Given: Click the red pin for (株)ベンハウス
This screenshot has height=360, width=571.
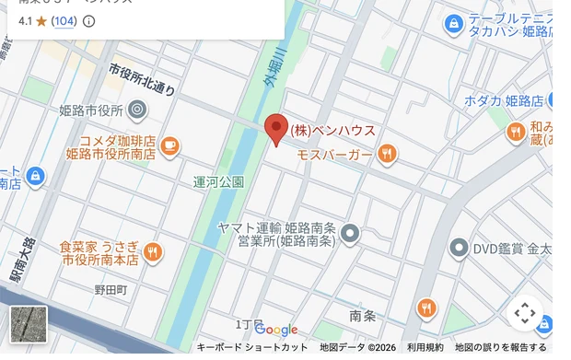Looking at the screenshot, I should (x=276, y=129).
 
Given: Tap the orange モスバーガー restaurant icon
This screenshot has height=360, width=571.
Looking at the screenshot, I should (x=388, y=154).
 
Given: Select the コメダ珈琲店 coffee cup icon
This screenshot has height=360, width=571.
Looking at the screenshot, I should (x=169, y=145).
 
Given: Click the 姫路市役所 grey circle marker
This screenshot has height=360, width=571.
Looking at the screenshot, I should (x=137, y=110).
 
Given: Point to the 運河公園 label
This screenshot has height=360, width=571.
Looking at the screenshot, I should (x=219, y=182).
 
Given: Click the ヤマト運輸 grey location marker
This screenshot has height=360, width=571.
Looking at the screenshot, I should (x=349, y=235).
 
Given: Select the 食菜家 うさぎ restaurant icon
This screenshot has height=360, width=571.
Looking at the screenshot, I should (x=153, y=251).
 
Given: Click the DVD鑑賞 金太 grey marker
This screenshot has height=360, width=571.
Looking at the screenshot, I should (x=459, y=248).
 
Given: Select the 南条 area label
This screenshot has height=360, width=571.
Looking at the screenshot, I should (x=363, y=316).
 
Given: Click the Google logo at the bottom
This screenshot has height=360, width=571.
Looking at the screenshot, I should (x=276, y=330).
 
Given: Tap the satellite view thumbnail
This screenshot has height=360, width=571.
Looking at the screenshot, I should (x=28, y=324).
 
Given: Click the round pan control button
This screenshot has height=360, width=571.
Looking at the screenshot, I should (x=524, y=314).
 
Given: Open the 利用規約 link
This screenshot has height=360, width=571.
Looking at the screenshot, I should (x=425, y=347).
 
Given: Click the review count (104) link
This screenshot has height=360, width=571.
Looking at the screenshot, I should (x=64, y=20).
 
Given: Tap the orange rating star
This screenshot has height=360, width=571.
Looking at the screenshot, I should (x=41, y=20).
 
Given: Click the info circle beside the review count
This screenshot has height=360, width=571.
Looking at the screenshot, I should (x=89, y=20).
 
